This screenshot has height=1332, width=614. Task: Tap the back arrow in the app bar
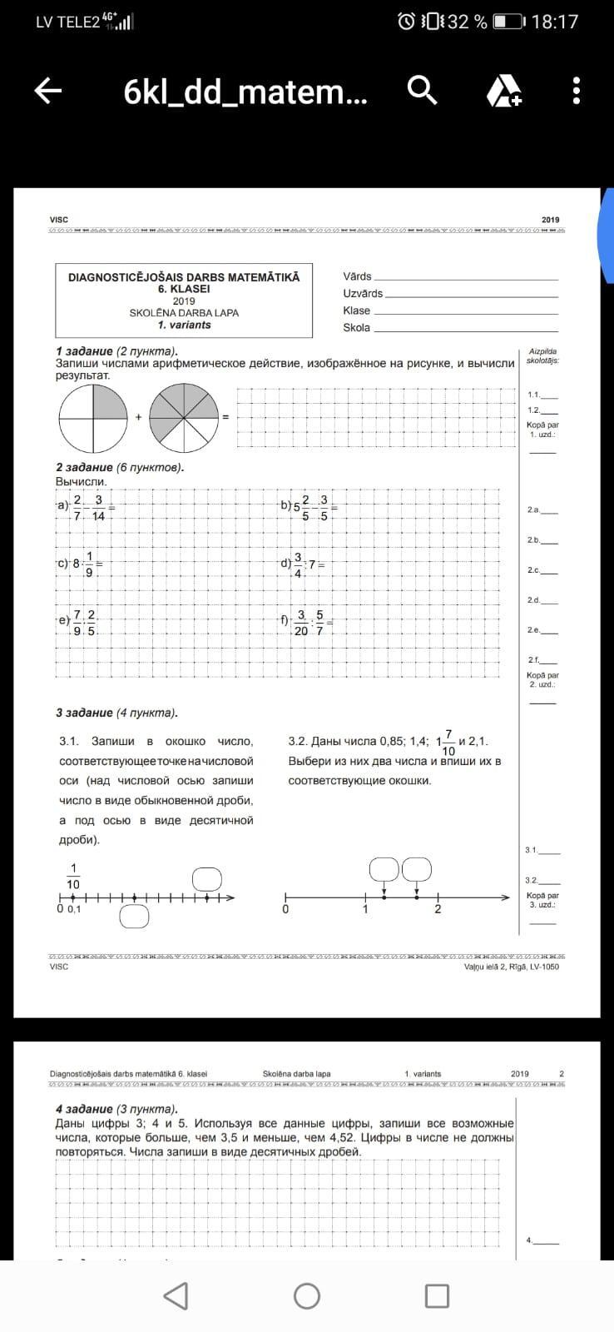(48, 91)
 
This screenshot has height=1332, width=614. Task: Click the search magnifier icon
(423, 90)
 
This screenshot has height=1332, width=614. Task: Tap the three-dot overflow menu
(577, 91)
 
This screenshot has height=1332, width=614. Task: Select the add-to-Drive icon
(503, 91)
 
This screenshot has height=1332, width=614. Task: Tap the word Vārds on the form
(357, 276)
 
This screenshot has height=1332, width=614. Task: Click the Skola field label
(356, 327)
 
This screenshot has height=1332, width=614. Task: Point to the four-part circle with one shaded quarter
(91, 416)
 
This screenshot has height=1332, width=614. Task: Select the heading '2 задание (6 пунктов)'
(120, 467)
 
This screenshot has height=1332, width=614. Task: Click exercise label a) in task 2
(62, 505)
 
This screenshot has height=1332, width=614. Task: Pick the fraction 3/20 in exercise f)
(301, 623)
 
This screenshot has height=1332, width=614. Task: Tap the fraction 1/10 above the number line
(73, 876)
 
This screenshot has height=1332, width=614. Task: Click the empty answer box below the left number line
(134, 917)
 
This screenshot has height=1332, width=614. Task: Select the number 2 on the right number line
(438, 909)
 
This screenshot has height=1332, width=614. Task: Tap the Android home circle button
(307, 1295)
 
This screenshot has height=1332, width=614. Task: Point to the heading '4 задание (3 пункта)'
(116, 1109)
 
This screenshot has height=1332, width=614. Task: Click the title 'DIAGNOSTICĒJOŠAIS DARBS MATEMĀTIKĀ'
(184, 277)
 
